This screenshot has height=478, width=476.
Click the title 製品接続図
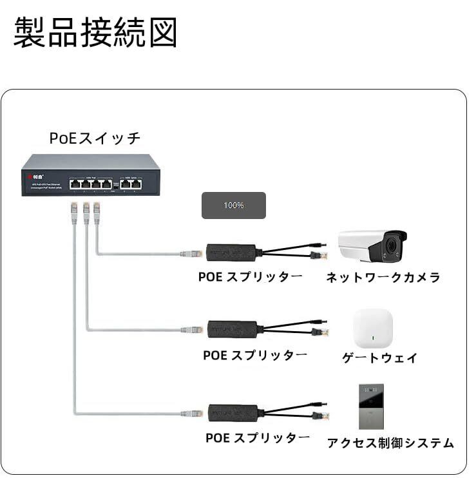point(95,32)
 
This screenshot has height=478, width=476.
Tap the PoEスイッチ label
point(95,138)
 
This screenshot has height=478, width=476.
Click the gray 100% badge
point(233,206)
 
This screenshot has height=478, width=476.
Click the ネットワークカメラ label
point(383,278)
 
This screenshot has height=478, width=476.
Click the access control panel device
point(371,406)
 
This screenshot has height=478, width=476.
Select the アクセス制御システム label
point(390,443)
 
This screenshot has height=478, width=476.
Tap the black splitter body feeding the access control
point(233,412)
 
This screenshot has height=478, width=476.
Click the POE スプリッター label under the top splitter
point(250,277)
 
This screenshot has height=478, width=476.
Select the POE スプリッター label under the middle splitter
point(255,356)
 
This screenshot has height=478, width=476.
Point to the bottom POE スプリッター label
point(258,438)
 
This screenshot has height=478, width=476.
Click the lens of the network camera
point(392,245)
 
